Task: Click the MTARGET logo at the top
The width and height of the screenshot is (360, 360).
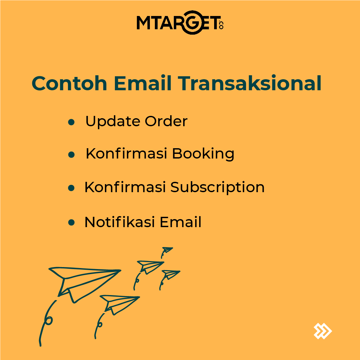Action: [x=180, y=24]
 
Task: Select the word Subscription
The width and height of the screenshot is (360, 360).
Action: [x=217, y=187]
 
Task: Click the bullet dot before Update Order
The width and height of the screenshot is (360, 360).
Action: [x=71, y=123]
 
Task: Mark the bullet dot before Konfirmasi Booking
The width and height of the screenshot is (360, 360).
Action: [x=71, y=155]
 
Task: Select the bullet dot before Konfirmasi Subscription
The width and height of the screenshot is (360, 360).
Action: [x=71, y=188]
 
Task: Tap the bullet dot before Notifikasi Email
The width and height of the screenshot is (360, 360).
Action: [x=71, y=222]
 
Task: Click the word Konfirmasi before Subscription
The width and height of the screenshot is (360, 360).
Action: [x=125, y=187]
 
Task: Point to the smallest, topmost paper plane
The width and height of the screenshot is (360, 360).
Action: [x=167, y=250]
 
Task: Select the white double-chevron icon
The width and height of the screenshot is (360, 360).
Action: [x=322, y=331]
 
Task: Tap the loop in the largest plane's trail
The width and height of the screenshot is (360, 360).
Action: [x=49, y=320]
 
